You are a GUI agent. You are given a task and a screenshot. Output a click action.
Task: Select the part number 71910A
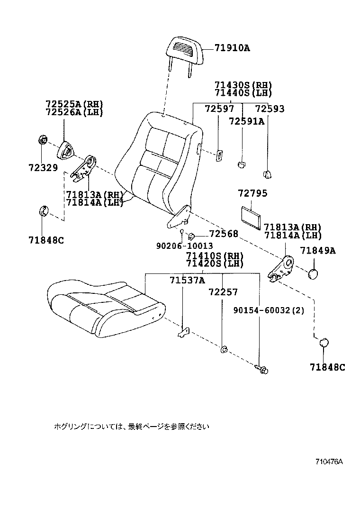(232, 48)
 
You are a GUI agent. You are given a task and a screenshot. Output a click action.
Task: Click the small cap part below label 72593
(268, 174)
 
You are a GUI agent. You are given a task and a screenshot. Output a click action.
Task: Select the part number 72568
(224, 234)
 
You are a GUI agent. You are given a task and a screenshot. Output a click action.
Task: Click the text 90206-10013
(184, 246)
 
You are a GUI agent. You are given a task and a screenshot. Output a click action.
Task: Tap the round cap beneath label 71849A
(313, 274)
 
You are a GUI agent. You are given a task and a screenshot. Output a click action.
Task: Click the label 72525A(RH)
(74, 104)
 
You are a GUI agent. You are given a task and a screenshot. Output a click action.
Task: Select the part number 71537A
(187, 280)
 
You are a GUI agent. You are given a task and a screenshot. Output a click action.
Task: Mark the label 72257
(223, 292)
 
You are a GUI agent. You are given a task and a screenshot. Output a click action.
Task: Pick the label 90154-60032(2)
(269, 310)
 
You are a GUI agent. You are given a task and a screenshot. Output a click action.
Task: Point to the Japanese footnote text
(131, 427)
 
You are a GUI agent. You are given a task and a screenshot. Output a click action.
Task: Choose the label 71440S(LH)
(243, 93)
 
